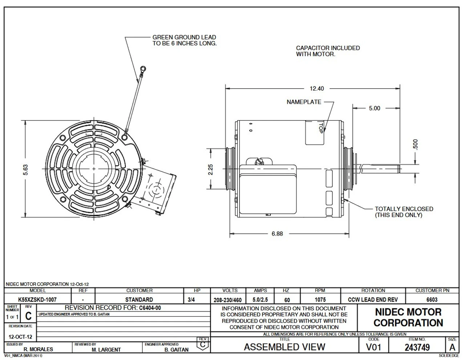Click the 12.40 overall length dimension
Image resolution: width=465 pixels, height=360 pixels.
[316, 88]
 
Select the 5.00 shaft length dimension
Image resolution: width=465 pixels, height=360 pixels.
[375, 108]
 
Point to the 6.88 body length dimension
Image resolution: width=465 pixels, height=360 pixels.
[277, 234]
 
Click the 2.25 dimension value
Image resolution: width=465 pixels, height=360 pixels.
[211, 169]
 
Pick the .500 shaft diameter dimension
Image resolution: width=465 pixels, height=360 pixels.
[416, 145]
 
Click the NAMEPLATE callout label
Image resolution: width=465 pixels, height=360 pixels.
[304, 102]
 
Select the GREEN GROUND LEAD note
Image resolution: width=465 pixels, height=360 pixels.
[184, 40]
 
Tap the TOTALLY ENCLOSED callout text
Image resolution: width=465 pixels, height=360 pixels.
[404, 212]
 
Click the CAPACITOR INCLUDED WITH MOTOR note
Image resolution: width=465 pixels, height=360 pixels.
[328, 51]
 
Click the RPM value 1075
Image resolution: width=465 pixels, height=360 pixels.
[320, 300]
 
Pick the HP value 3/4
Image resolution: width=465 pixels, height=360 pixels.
[191, 300]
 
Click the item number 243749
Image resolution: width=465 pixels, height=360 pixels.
[417, 347]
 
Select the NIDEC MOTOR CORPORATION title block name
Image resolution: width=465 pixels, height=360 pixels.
[408, 317]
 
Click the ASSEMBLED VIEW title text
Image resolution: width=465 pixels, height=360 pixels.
[284, 347]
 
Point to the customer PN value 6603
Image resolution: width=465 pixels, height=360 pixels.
[432, 300]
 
